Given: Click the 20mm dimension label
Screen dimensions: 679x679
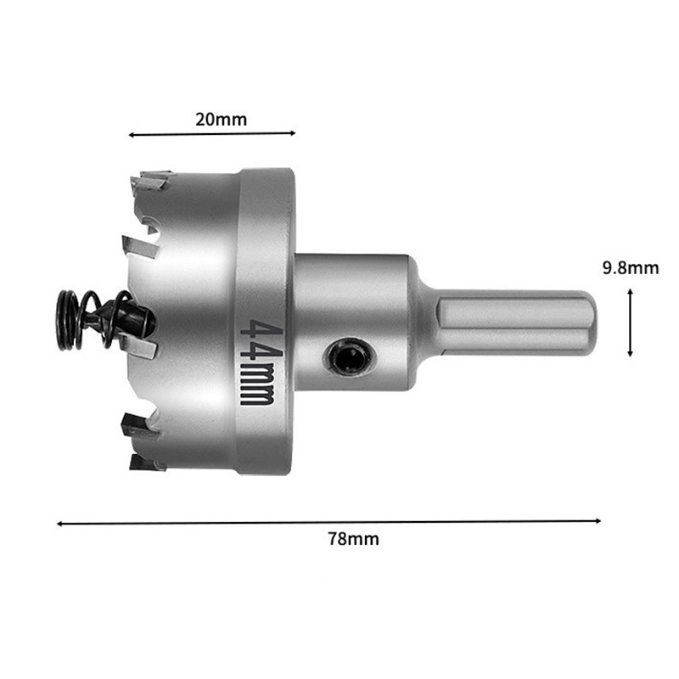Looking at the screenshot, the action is click(x=221, y=119).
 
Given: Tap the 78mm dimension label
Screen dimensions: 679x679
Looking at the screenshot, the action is click(x=353, y=539).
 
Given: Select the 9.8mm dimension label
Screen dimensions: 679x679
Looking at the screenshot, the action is click(x=631, y=268).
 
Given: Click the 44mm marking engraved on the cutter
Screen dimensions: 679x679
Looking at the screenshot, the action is click(x=257, y=362).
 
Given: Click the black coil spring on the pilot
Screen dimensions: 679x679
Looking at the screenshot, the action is click(x=91, y=320).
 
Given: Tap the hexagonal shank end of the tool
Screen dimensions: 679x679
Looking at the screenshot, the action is click(x=515, y=322).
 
